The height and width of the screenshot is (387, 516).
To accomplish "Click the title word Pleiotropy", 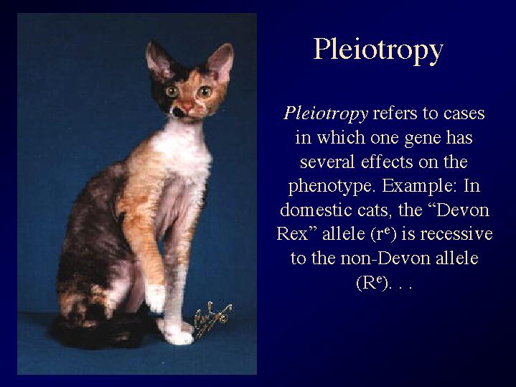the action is pos(378,50).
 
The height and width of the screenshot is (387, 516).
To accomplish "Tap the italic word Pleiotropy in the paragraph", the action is pos(326,114).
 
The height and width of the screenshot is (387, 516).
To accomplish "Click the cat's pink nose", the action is pos(187,107).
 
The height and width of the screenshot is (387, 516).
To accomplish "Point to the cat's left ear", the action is pos(220,62).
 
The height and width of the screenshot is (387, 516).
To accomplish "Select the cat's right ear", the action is pos(159,60).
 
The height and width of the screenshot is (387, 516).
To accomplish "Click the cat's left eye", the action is pos(205,92).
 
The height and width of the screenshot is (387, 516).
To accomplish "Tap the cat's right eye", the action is pos(172,91).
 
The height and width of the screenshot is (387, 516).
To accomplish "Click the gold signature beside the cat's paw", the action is pos(212,319).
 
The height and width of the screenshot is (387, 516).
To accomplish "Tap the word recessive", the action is pos(456,234).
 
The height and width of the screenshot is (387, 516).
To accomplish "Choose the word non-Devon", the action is pos(385,258).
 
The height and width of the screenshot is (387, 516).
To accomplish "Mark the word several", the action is pos(327,162).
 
